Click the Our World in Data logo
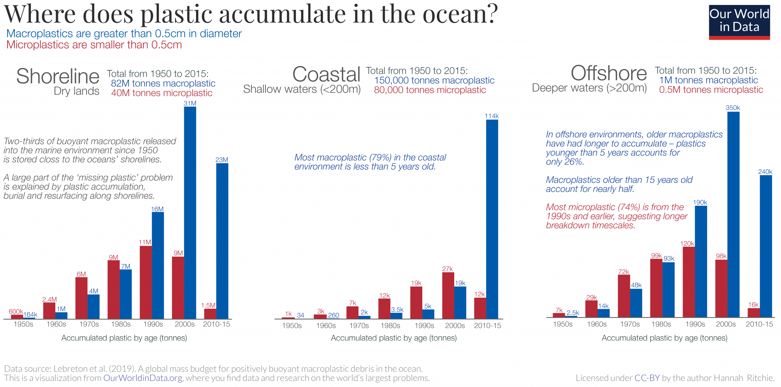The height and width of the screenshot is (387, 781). pos(739,22)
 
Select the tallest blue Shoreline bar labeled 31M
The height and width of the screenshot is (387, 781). pos(190,212)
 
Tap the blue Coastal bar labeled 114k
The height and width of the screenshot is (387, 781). pos(492,219)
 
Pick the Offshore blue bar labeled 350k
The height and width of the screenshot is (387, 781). pos(733,214)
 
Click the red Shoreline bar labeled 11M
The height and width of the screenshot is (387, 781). pos(146,282)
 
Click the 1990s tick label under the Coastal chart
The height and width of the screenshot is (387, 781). pos(424,326)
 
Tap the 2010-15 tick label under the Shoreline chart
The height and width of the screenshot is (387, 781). pos(217,324)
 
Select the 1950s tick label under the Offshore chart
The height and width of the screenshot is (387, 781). pos(562,324)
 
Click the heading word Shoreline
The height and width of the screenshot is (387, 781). pos(58,76)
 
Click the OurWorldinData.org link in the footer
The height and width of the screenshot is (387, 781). pos(143,378)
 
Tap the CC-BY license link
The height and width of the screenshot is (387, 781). pos(647,378)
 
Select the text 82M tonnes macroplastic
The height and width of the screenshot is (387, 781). pos(163,84)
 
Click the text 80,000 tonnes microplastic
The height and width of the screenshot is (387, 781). pos(430,90)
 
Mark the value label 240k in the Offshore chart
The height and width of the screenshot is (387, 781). pos(765,172)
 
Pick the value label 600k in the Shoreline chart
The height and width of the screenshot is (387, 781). pos(16,311)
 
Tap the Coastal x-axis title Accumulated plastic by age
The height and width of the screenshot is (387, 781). pos(394,338)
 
